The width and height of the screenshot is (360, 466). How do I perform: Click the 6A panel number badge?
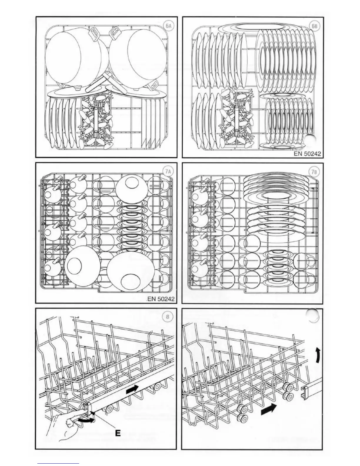click(x=169, y=26)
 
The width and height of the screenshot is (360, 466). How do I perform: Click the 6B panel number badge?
click(x=314, y=26)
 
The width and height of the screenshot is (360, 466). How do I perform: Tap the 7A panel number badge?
click(x=168, y=172)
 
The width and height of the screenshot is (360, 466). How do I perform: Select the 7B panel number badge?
click(x=314, y=172)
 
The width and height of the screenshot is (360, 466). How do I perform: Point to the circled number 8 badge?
click(x=168, y=317)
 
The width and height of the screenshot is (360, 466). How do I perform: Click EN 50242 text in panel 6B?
click(x=308, y=154)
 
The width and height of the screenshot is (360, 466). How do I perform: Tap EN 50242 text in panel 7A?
click(x=161, y=299)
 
